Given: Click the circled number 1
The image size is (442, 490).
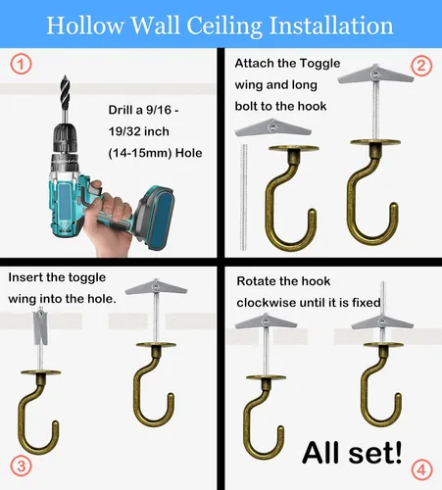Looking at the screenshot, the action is pyautogui.click(x=21, y=64).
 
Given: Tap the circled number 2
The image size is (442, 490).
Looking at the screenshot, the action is pyautogui.click(x=421, y=66).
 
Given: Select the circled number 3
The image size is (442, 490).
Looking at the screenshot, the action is pyautogui.click(x=21, y=465).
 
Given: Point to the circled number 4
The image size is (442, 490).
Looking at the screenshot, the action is pyautogui.click(x=421, y=470).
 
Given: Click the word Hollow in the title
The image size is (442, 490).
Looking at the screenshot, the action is pyautogui.click(x=85, y=25).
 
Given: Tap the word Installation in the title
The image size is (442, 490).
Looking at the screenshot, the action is pyautogui.click(x=331, y=25).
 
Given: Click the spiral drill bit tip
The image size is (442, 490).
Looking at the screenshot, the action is pyautogui.click(x=65, y=89).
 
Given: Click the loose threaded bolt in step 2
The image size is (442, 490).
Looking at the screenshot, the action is pyautogui.click(x=243, y=197).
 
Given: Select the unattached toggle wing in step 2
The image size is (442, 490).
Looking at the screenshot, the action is pyautogui.click(x=272, y=128).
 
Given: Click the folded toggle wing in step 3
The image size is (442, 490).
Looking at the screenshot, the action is pyautogui.click(x=40, y=326).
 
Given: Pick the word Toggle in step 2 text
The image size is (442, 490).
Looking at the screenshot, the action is pyautogui.click(x=319, y=63).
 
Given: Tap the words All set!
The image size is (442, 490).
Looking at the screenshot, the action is pyautogui.click(x=352, y=453).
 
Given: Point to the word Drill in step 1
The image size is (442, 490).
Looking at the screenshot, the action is pyautogui.click(x=121, y=110).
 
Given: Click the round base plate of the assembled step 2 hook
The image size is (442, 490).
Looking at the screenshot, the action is pyautogui.click(x=375, y=142).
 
